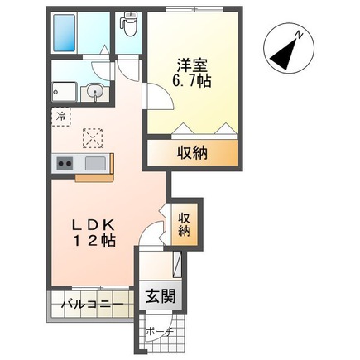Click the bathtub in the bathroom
[x=65, y=32]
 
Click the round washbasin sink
[x=96, y=92]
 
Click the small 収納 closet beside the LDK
[x=184, y=221]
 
